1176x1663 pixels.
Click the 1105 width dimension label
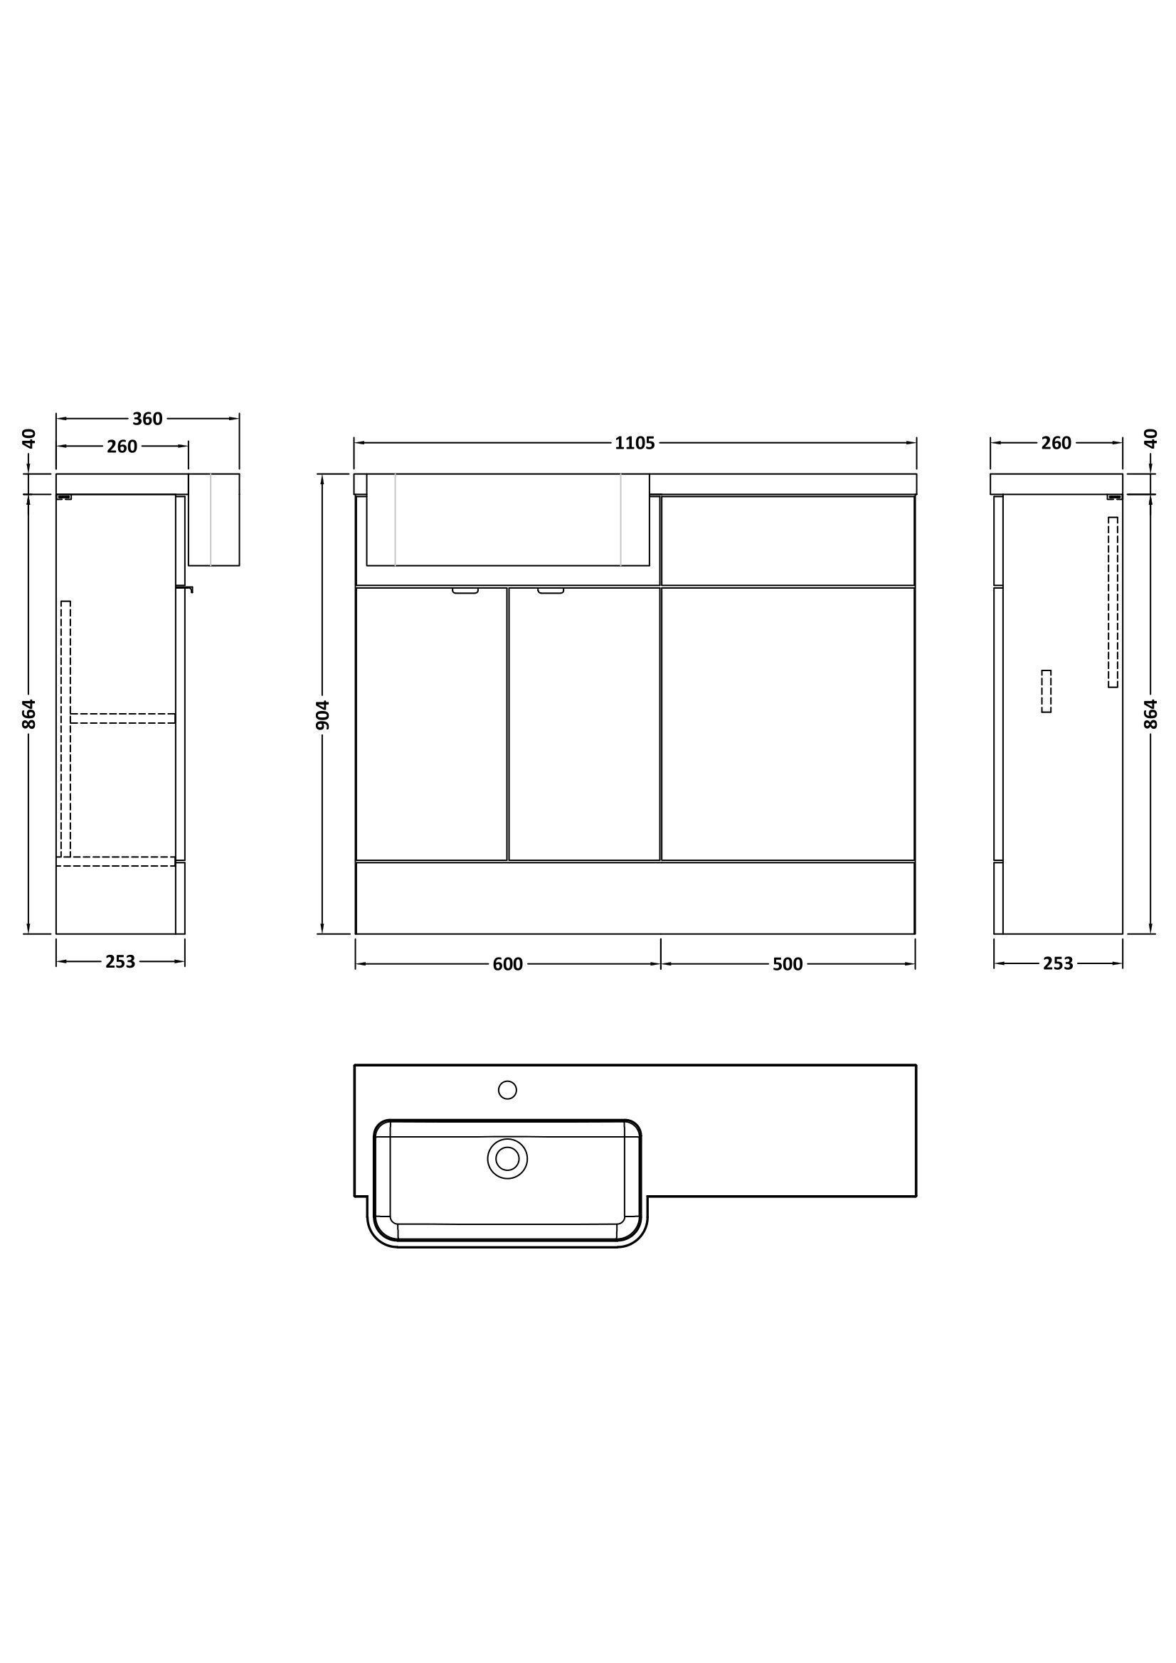[635, 443]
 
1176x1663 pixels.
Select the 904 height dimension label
[324, 714]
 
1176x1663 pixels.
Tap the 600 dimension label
[507, 964]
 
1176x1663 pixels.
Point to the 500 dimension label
[788, 964]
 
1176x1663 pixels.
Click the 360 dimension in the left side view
[147, 419]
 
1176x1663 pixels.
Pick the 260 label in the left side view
[122, 447]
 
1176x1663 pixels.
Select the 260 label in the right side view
[1056, 442]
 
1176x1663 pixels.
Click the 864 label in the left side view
[29, 714]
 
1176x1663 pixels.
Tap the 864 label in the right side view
[1151, 714]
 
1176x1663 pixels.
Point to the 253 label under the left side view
[120, 961]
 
